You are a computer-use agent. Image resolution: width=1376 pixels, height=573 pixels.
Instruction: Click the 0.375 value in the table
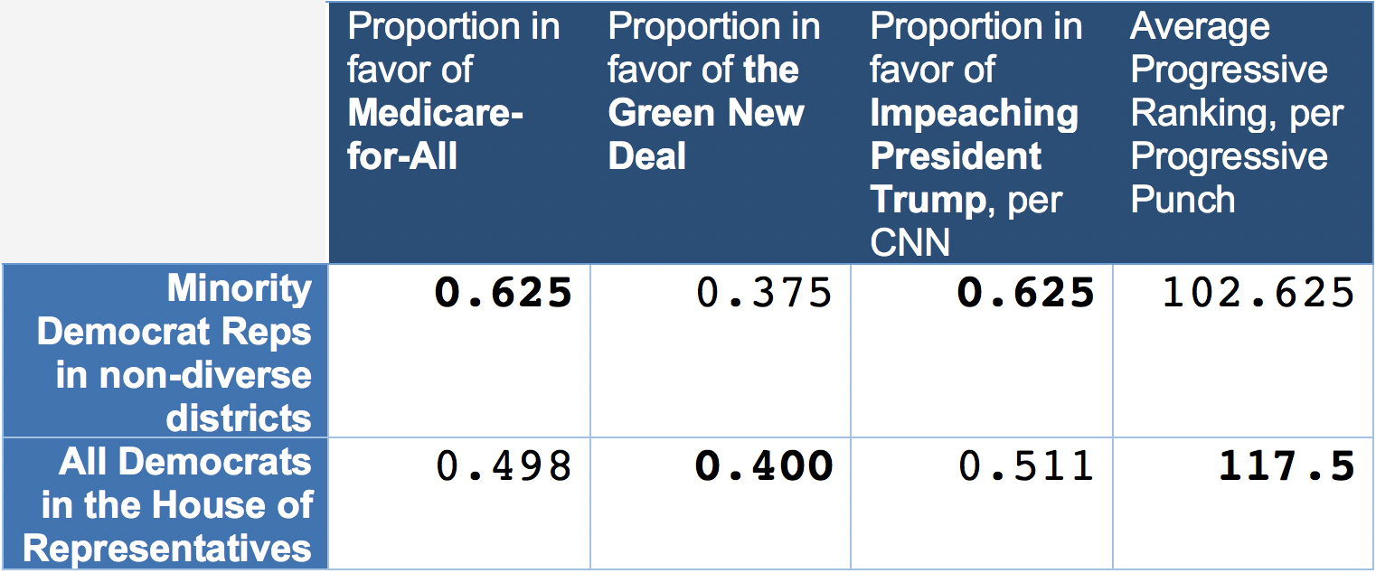pyautogui.click(x=764, y=293)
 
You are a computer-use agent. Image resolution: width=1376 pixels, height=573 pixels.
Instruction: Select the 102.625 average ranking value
pyautogui.click(x=1258, y=293)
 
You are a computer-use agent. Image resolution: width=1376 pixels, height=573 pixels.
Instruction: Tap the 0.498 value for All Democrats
pyautogui.click(x=504, y=466)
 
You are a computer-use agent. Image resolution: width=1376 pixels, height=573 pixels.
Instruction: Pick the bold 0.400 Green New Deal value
pyautogui.click(x=764, y=466)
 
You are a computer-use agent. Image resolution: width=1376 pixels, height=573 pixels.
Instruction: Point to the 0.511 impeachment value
pyautogui.click(x=1026, y=466)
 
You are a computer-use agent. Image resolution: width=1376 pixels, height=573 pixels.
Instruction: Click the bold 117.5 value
pyautogui.click(x=1286, y=466)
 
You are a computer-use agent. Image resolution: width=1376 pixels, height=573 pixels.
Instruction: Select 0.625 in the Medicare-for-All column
pyautogui.click(x=504, y=293)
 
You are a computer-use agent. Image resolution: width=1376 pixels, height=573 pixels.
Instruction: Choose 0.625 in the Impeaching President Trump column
pyautogui.click(x=1026, y=293)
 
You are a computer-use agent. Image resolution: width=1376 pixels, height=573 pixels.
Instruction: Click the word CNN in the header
pyautogui.click(x=909, y=242)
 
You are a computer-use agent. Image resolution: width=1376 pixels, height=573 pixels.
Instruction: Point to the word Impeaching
pyautogui.click(x=975, y=113)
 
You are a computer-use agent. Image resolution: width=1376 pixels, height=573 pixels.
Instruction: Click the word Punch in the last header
pyautogui.click(x=1183, y=199)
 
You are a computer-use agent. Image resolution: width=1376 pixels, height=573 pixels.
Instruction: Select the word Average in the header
pyautogui.click(x=1200, y=27)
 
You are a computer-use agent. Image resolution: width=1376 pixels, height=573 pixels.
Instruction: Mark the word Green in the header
pyautogui.click(x=658, y=113)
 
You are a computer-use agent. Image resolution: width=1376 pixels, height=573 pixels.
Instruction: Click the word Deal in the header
pyautogui.click(x=647, y=156)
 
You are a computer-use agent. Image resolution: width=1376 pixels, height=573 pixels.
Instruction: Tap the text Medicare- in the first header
pyautogui.click(x=436, y=113)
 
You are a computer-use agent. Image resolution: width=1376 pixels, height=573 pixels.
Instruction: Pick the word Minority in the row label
pyautogui.click(x=239, y=288)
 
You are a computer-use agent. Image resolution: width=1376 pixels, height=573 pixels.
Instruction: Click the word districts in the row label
pyautogui.click(x=239, y=418)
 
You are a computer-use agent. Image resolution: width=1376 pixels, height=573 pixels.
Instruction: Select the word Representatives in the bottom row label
pyautogui.click(x=168, y=549)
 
